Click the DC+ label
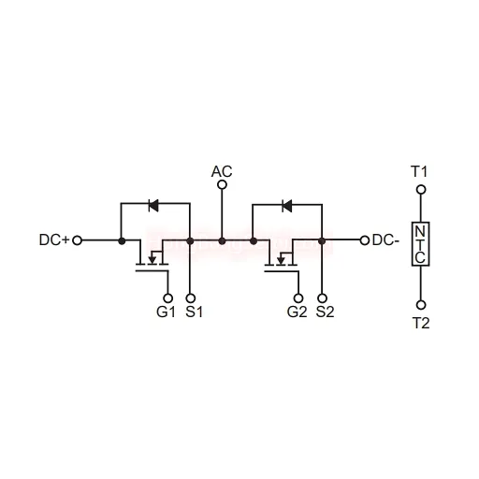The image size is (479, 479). point(53,240)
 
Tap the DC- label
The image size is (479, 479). point(385,240)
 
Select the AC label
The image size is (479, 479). point(222,171)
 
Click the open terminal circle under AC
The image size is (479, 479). point(222,185)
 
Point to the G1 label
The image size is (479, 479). point(166,312)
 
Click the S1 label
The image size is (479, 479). point(194,312)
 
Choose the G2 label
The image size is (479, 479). point(297,312)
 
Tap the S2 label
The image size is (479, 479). point(325,312)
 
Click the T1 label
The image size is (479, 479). point(419,171)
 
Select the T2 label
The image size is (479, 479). point(421,323)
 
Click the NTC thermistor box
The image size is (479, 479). point(421,244)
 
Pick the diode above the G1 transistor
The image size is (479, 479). point(153,205)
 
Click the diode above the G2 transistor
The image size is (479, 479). point(287,206)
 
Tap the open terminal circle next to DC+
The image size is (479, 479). point(77,240)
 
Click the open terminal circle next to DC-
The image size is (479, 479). point(365,240)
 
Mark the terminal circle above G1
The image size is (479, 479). point(168,298)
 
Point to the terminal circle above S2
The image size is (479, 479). point(324,298)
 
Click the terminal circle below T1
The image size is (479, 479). point(421,190)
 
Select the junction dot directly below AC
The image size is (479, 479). point(222,240)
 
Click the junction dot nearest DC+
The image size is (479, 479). point(122,240)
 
